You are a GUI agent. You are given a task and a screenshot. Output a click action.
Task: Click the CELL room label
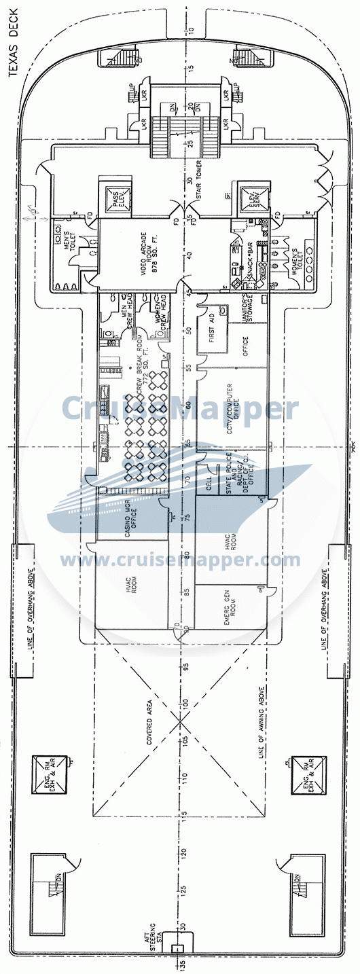point(209,483)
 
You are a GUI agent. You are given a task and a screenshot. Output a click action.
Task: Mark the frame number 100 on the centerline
point(183,702)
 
